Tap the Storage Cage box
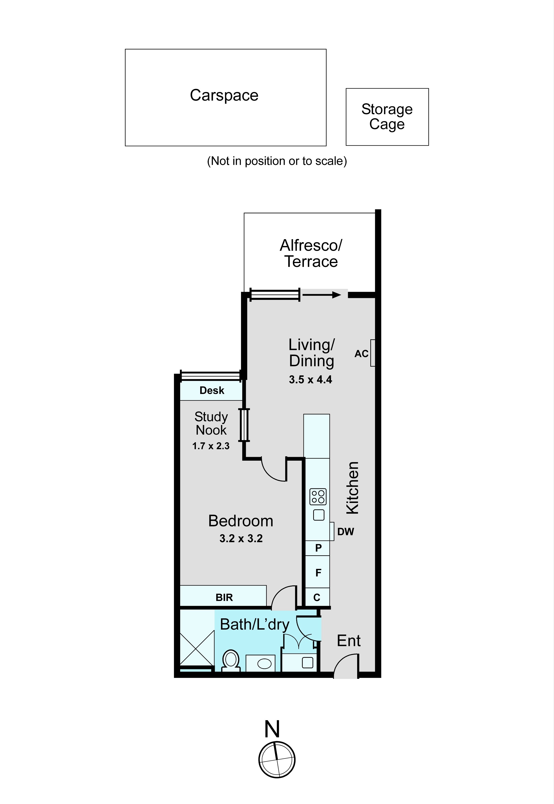pyautogui.click(x=387, y=117)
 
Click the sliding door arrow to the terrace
pyautogui.click(x=322, y=295)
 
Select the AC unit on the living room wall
pyautogui.click(x=372, y=353)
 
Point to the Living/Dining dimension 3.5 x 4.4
pyautogui.click(x=310, y=379)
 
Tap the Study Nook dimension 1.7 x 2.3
pyautogui.click(x=211, y=446)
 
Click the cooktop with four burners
pyautogui.click(x=318, y=497)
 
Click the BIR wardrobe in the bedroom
pyautogui.click(x=224, y=598)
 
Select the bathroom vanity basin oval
pyautogui.click(x=264, y=664)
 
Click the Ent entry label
pyautogui.click(x=349, y=641)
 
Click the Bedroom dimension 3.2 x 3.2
pyautogui.click(x=241, y=539)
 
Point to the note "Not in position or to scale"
pyautogui.click(x=277, y=161)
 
